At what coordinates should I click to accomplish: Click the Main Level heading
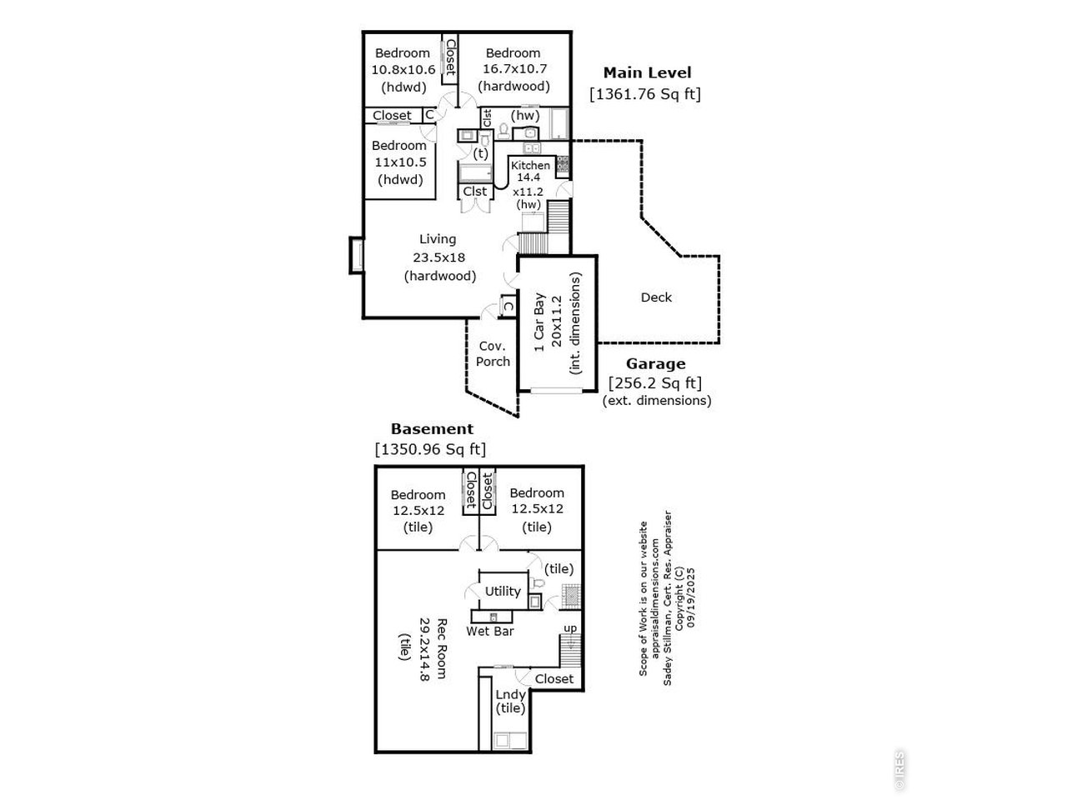[x=647, y=72]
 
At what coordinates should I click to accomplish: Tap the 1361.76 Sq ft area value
[x=644, y=94]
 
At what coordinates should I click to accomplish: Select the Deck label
[x=656, y=297]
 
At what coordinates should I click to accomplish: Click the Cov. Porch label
[x=493, y=353]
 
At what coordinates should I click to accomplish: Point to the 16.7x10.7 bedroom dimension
[x=513, y=69]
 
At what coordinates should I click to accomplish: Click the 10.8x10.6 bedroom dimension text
[x=403, y=69]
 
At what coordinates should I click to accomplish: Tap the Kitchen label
[x=530, y=165]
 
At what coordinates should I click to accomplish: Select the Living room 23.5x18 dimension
[x=439, y=257]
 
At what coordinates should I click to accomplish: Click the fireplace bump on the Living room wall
[x=355, y=255]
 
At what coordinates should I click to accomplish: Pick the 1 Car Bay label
[x=539, y=322]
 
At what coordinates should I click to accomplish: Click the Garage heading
[x=655, y=363]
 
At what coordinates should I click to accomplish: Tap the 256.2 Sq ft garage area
[x=654, y=383]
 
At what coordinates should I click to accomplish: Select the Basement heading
[x=432, y=429]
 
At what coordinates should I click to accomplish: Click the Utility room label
[x=503, y=591]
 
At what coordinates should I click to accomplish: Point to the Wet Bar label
[x=490, y=631]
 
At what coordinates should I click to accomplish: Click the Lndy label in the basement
[x=510, y=694]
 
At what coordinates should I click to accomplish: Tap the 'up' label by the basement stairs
[x=570, y=627]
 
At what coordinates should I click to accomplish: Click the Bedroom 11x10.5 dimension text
[x=399, y=162]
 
